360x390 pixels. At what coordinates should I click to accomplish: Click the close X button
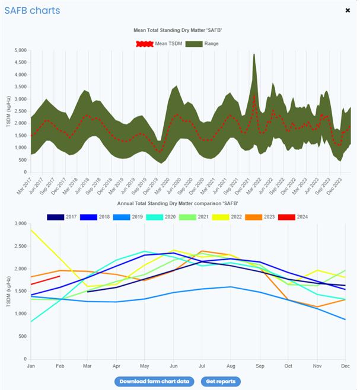coord(348,10)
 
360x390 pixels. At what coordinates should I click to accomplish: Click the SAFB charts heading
coord(32,11)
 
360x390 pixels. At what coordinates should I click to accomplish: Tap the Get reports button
coord(221,381)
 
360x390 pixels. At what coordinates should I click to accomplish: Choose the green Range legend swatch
coord(193,44)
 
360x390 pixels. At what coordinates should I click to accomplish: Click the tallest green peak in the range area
coord(254,55)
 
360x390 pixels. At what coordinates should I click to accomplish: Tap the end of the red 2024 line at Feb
coord(60,277)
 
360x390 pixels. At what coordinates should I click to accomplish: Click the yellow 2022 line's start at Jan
coord(31,230)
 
